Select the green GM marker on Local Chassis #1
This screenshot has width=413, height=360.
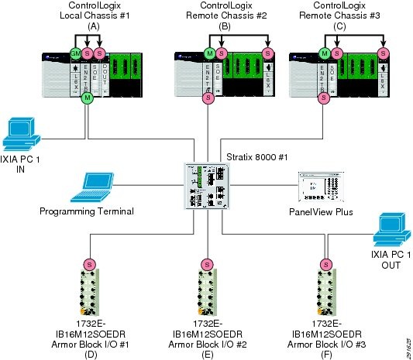pos(76,53)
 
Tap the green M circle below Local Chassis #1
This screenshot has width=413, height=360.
pos(88,98)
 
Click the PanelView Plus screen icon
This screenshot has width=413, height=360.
pos(319,187)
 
